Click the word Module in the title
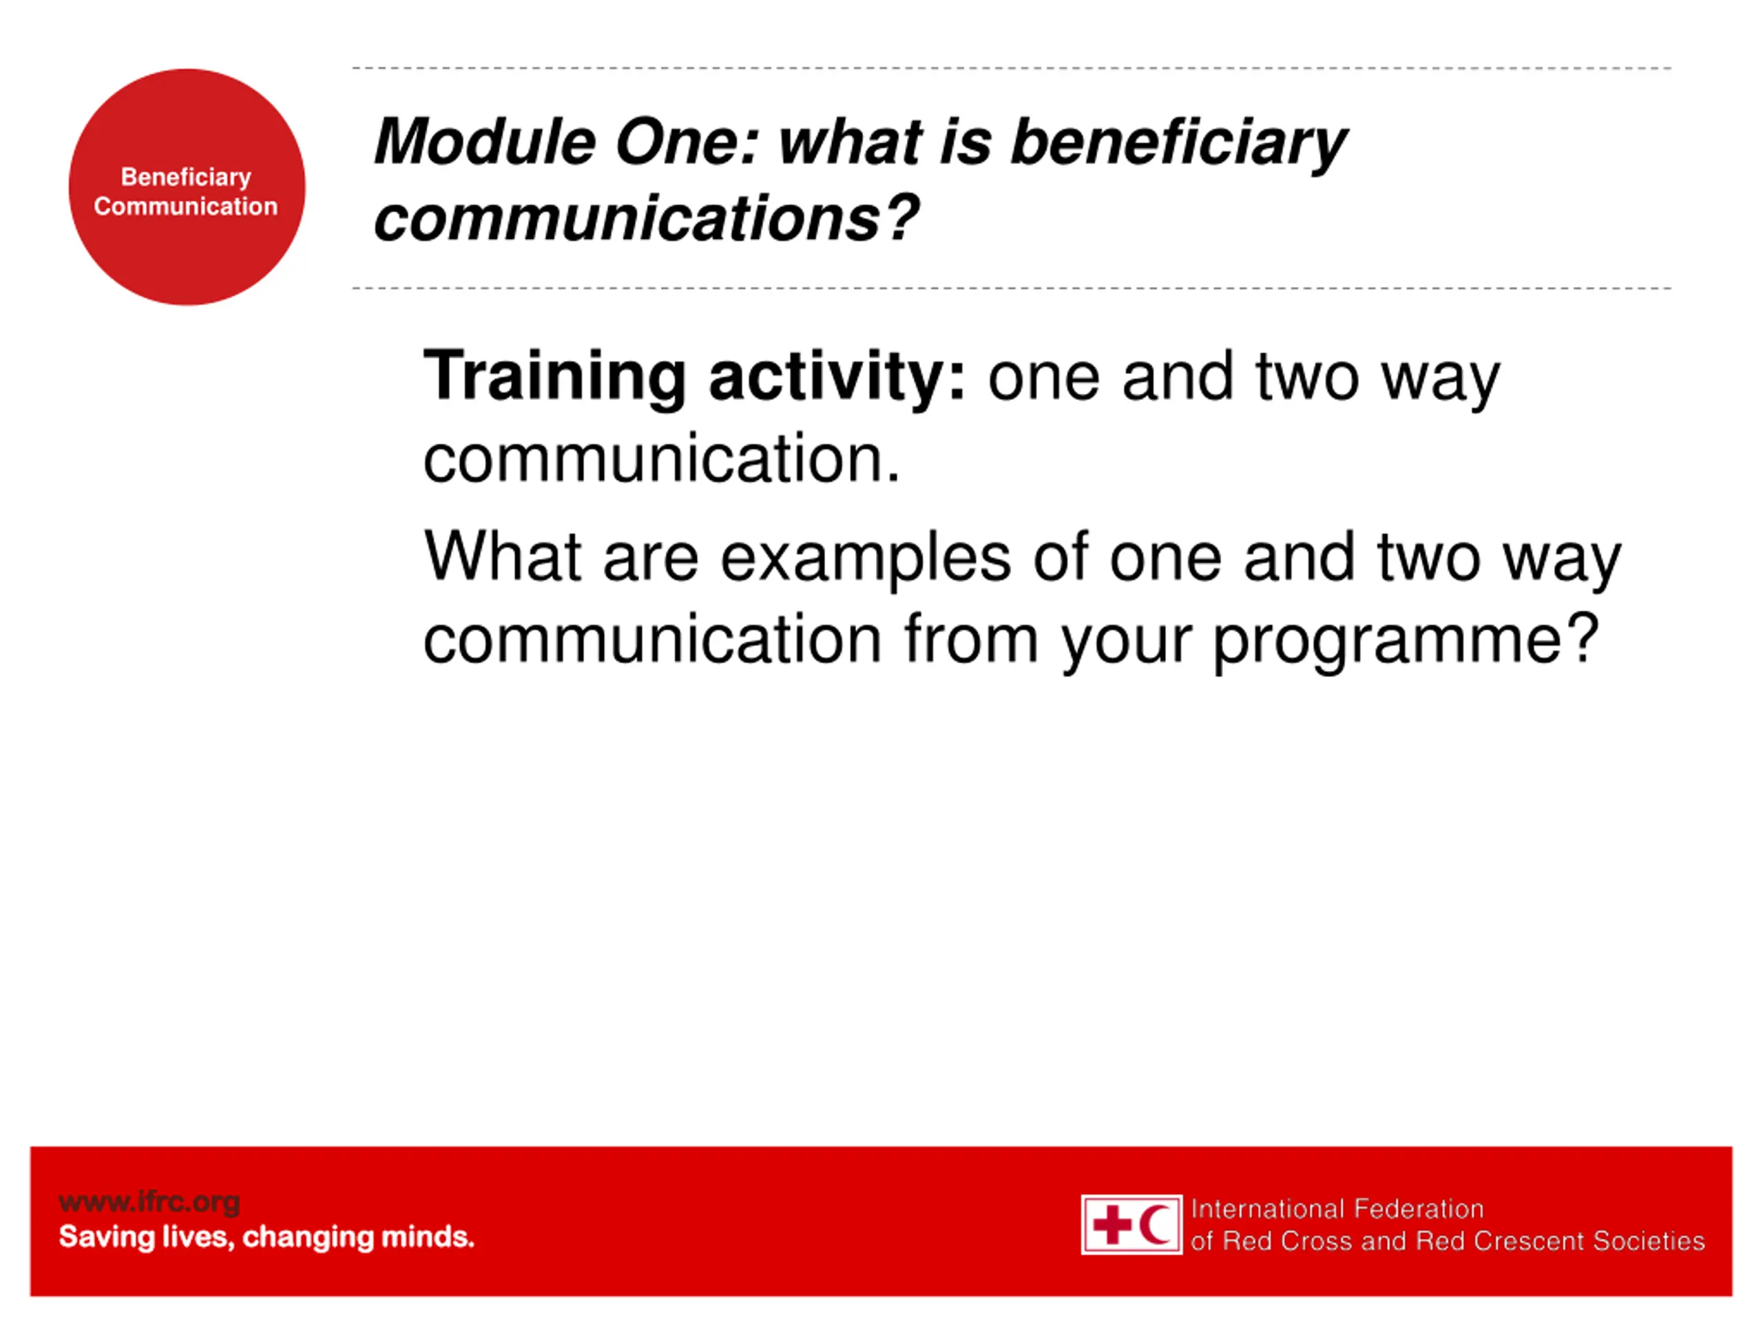tap(486, 142)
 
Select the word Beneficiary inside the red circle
tap(186, 178)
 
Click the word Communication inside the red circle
tap(186, 207)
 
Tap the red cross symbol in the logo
tap(1112, 1225)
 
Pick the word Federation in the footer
tap(1419, 1209)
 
